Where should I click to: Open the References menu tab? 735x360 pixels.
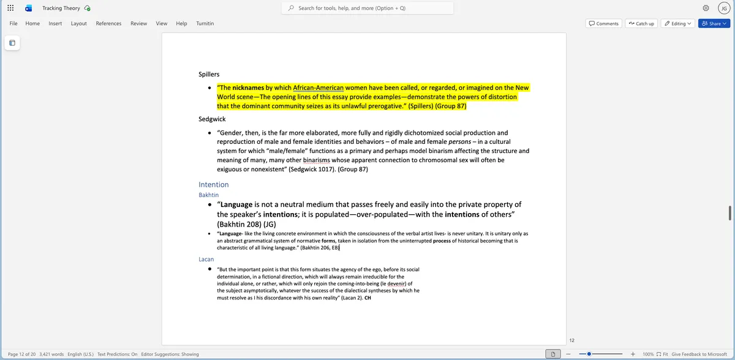pyautogui.click(x=108, y=23)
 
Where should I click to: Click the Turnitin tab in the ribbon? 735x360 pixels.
pyautogui.click(x=205, y=23)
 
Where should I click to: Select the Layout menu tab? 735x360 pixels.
pyautogui.click(x=78, y=23)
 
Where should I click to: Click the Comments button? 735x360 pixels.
pyautogui.click(x=603, y=23)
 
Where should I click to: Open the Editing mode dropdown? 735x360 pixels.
pyautogui.click(x=677, y=23)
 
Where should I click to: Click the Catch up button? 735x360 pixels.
pyautogui.click(x=641, y=23)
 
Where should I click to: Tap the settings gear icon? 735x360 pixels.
pyautogui.click(x=706, y=8)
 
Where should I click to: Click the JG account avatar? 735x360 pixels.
pyautogui.click(x=723, y=8)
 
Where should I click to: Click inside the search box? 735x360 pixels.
pyautogui.click(x=367, y=8)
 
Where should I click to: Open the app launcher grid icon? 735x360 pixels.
pyautogui.click(x=10, y=8)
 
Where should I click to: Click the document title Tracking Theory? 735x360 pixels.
pyautogui.click(x=61, y=8)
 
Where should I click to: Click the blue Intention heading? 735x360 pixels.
pyautogui.click(x=214, y=184)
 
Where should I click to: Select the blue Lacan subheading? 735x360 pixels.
pyautogui.click(x=206, y=259)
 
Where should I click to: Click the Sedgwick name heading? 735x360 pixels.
pyautogui.click(x=212, y=119)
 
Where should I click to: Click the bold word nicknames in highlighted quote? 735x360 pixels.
pyautogui.click(x=248, y=88)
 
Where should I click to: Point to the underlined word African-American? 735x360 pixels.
pyautogui.click(x=318, y=88)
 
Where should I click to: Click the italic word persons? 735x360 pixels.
pyautogui.click(x=459, y=141)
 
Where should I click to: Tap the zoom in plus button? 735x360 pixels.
pyautogui.click(x=633, y=354)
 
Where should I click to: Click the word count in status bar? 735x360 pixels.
pyautogui.click(x=51, y=354)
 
